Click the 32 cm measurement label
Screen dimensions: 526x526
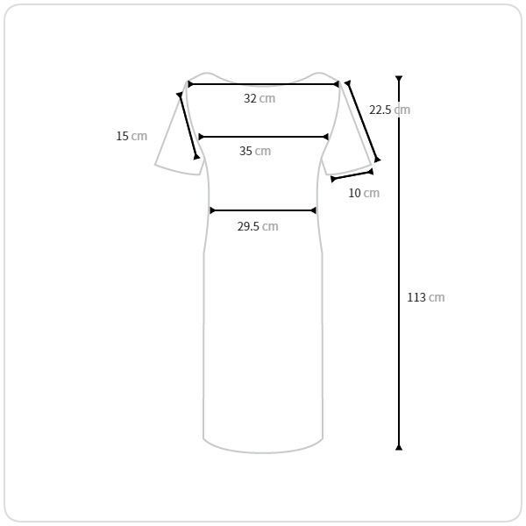coord(259,98)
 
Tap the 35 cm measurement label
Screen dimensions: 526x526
coord(255,151)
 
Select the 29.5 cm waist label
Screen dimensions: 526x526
coord(258,226)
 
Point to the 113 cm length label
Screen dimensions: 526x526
coord(426,297)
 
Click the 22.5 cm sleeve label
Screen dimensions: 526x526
coord(389,110)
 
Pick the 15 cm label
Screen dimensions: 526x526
coord(131,136)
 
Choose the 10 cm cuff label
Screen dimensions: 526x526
coord(364,193)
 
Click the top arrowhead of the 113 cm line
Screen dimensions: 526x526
coord(399,79)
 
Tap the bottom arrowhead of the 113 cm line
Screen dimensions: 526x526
coord(399,447)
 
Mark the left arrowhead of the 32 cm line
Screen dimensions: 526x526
coord(190,84)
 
